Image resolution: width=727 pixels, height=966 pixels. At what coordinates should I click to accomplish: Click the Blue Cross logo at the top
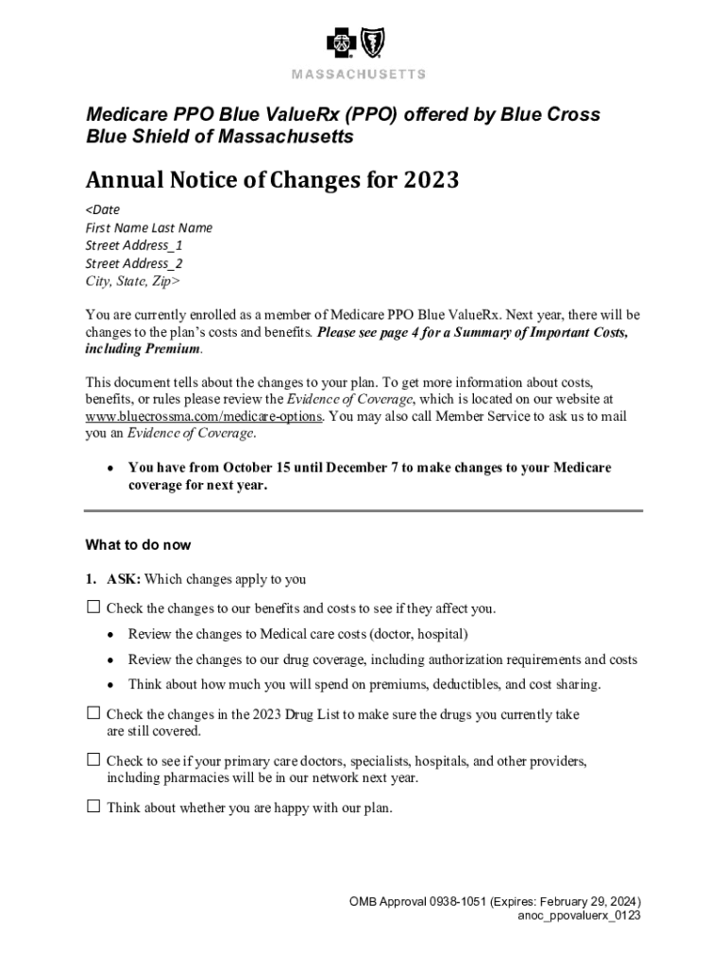[342, 43]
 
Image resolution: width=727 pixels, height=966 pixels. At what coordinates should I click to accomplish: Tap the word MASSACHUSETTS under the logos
[358, 75]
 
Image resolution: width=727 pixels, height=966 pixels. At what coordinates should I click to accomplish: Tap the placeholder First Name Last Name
[149, 227]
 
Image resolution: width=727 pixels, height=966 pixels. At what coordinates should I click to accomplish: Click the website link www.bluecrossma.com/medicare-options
[204, 416]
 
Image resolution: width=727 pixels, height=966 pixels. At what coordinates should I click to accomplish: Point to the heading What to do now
[138, 545]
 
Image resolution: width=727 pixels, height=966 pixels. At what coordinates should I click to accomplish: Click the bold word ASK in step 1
[123, 579]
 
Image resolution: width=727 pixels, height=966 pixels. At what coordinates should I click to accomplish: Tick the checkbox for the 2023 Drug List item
[93, 713]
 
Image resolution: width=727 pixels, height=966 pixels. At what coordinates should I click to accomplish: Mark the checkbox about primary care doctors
[93, 759]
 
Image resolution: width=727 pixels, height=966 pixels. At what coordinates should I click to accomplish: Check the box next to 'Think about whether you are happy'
[93, 807]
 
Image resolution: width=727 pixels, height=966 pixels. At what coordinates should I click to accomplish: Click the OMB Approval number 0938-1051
[456, 901]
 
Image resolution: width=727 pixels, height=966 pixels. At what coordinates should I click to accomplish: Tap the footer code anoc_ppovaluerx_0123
[579, 916]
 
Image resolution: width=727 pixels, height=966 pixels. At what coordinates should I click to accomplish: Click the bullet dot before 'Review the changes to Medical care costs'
[111, 634]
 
